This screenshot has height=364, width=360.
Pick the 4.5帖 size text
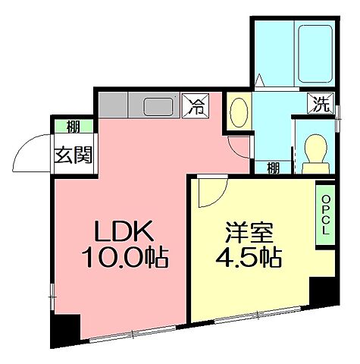pyautogui.click(x=251, y=256)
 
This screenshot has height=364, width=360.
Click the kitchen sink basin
pyautogui.click(x=158, y=105)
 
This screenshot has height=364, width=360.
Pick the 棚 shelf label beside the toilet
pyautogui.click(x=273, y=168)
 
